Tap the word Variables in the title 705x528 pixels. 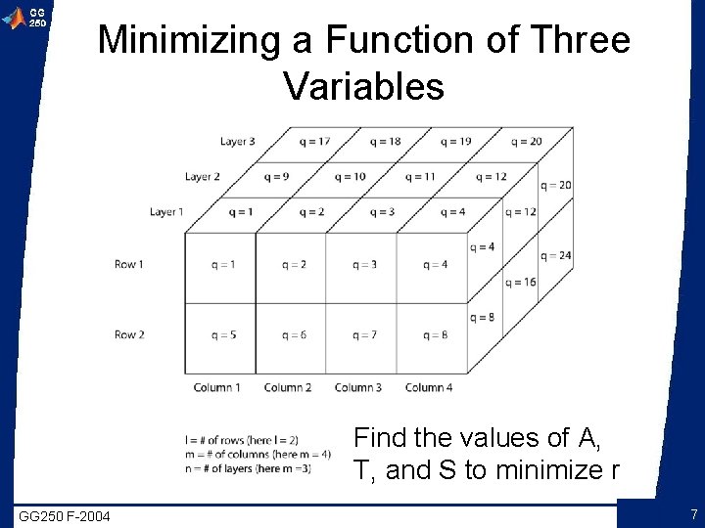363,86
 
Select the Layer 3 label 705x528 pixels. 238,142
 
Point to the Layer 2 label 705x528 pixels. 203,177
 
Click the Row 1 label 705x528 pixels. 129,264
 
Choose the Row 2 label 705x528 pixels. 129,334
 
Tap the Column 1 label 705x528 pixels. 217,387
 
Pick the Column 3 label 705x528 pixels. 358,387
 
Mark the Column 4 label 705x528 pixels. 429,387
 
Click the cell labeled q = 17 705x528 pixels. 315,142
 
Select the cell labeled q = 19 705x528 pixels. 456,142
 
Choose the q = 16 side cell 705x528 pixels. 522,283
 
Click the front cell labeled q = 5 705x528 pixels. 223,335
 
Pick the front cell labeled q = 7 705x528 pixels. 364,335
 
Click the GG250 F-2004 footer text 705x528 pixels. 65,515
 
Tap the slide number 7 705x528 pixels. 693,514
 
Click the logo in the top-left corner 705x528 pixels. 25,17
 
